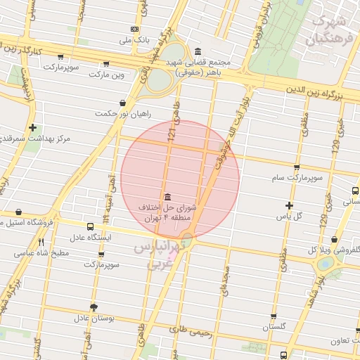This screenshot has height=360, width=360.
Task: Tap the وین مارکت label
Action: pos(111,74)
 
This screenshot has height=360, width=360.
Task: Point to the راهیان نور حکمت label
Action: pos(115,112)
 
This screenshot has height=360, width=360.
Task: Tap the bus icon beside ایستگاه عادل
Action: pos(89,226)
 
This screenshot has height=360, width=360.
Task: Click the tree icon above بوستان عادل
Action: pos(94,307)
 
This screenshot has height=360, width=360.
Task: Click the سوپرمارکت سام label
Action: pos(298,179)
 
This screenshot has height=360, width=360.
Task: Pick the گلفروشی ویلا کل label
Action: pos(334,250)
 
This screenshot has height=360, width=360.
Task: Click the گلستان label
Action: pos(276,328)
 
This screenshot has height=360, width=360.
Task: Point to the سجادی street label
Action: pos(227,289)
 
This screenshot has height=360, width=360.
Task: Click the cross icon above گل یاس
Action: pos(289,205)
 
